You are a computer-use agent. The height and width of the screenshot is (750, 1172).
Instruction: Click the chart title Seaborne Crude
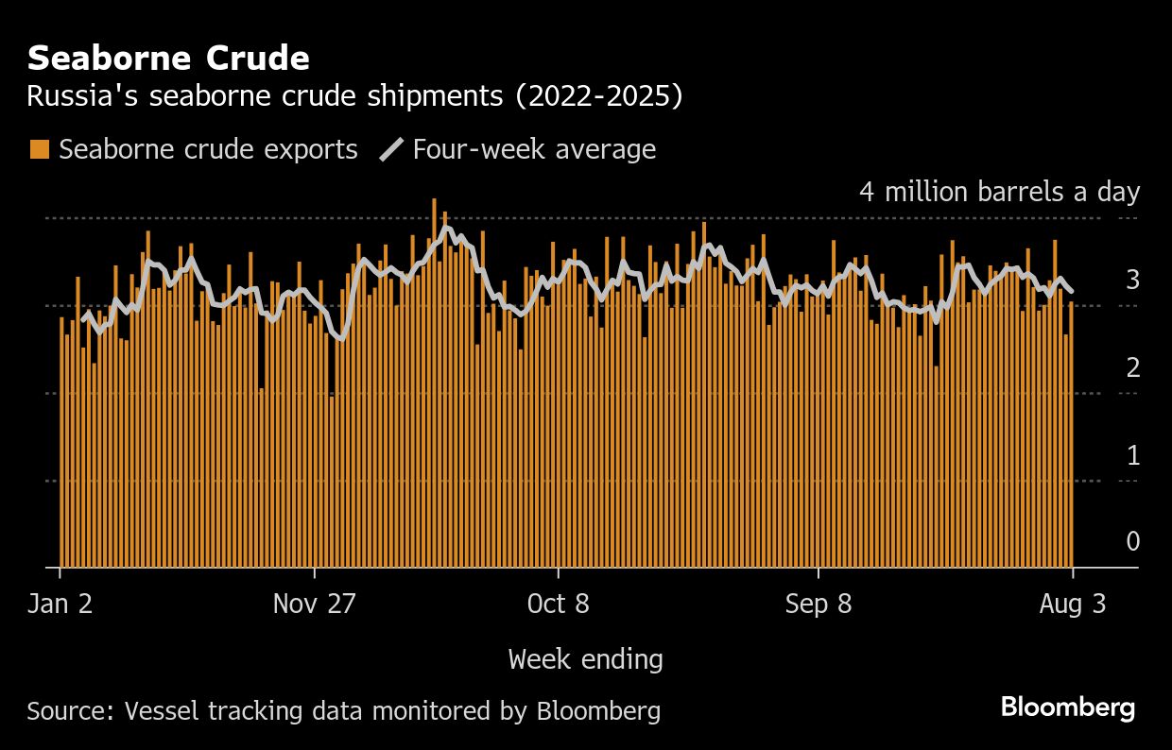(x=168, y=59)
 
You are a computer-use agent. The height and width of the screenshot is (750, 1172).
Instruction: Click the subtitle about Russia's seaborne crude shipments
(x=354, y=96)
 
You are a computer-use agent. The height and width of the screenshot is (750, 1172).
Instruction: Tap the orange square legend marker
(x=39, y=149)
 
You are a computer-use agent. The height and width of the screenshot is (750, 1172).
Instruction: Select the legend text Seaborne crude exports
(x=208, y=149)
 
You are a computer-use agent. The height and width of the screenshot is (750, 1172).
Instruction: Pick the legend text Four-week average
(x=534, y=149)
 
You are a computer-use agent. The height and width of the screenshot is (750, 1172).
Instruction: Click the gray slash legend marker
(x=391, y=149)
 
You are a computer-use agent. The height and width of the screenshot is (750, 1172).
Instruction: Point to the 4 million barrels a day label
(x=999, y=192)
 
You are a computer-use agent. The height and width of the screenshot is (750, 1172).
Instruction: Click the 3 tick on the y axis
(x=1132, y=280)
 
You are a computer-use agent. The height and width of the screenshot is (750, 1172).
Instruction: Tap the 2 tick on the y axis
(x=1132, y=367)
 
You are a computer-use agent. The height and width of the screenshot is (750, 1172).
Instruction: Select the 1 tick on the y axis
(x=1132, y=455)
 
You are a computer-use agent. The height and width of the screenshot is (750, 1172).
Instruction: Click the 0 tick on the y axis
(x=1132, y=541)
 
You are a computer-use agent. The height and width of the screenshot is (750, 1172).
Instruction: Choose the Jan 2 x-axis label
(x=60, y=604)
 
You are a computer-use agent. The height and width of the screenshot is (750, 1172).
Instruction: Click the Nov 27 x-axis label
(x=315, y=604)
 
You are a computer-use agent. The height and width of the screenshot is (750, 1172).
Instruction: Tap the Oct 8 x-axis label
(x=559, y=604)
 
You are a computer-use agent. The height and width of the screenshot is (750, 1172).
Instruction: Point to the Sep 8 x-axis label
(x=818, y=604)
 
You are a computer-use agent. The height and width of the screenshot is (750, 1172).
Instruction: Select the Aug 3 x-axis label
(x=1073, y=604)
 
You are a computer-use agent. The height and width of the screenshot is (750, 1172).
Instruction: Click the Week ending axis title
(x=585, y=658)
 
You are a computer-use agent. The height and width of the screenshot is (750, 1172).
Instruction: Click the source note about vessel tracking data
(x=343, y=710)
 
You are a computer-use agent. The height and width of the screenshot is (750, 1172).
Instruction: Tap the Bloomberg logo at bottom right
(x=1068, y=707)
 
